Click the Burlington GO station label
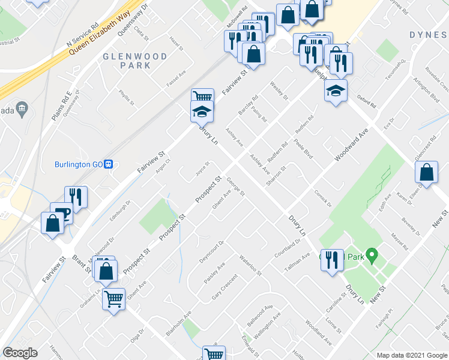(77, 164)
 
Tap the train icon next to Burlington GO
(109, 164)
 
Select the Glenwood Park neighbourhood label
(126, 61)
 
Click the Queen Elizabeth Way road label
(100, 35)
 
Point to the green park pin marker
(372, 257)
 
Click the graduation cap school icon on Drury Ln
(202, 112)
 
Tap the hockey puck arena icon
(336, 91)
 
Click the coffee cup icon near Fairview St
(61, 212)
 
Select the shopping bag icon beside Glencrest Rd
(426, 173)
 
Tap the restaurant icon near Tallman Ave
(331, 260)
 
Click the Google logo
(20, 353)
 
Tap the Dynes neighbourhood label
(429, 35)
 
